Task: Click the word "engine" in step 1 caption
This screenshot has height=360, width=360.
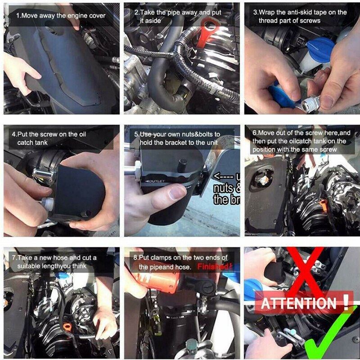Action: click(x=78, y=16)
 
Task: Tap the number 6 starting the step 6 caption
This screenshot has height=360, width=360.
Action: click(x=254, y=133)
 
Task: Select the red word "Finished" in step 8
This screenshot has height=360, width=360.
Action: click(x=214, y=266)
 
